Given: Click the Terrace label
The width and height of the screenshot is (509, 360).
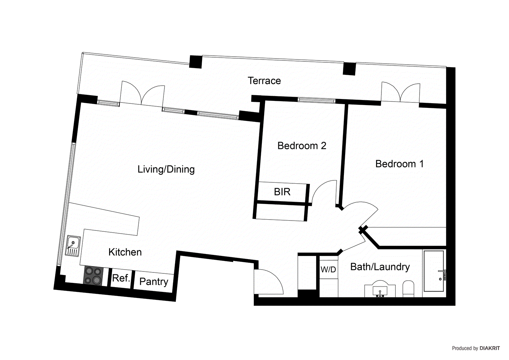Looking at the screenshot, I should pyautogui.click(x=264, y=81).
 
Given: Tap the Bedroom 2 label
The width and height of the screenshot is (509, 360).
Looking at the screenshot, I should pyautogui.click(x=302, y=146).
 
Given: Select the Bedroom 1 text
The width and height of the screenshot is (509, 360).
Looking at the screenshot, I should pyautogui.click(x=399, y=164).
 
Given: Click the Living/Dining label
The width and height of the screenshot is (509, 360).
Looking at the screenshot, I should pyautogui.click(x=166, y=169).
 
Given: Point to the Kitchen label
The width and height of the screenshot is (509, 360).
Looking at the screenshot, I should pyautogui.click(x=125, y=252).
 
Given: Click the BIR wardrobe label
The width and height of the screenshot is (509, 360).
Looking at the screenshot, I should pyautogui.click(x=282, y=192).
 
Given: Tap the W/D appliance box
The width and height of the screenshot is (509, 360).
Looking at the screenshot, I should pyautogui.click(x=328, y=269).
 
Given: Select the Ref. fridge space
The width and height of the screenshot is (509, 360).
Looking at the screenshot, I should pyautogui.click(x=121, y=278).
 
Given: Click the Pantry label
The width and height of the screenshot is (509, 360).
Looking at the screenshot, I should pyautogui.click(x=154, y=281).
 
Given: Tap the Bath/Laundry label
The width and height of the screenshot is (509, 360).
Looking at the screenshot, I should pyautogui.click(x=380, y=267).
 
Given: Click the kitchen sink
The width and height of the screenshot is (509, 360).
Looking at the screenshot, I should pyautogui.click(x=73, y=246).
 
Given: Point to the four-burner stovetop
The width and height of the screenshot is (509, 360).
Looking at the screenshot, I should pyautogui.click(x=93, y=276).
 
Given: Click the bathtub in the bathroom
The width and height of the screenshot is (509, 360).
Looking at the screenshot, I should pyautogui.click(x=434, y=271).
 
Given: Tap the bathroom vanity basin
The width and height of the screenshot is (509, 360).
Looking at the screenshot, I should pyautogui.click(x=380, y=289).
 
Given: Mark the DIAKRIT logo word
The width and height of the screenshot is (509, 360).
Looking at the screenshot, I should pyautogui.click(x=490, y=348).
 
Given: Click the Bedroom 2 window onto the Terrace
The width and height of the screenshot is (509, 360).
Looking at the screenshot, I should pyautogui.click(x=317, y=101).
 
